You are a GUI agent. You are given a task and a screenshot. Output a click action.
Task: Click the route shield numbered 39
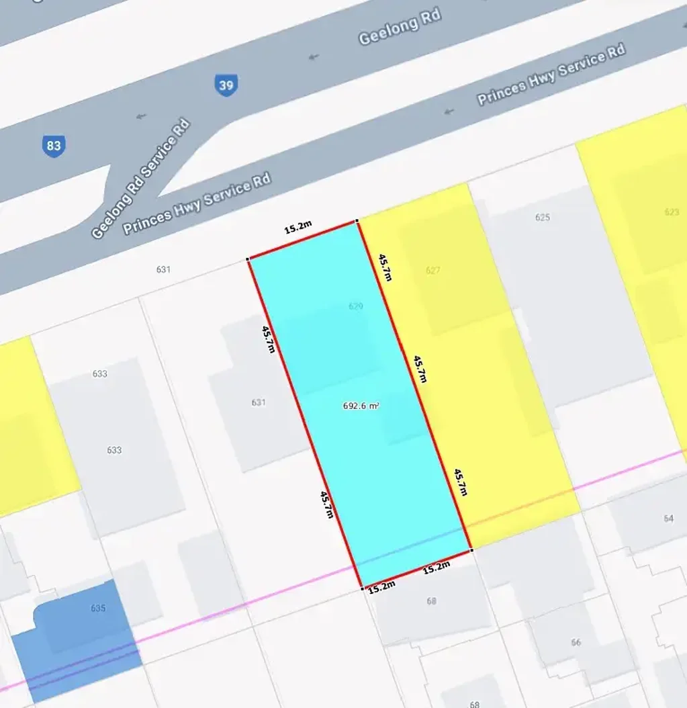226,85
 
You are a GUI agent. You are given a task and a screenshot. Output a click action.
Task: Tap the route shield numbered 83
53,146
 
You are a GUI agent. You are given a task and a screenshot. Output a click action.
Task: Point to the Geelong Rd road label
400,28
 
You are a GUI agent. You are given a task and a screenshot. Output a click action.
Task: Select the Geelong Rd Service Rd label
141,179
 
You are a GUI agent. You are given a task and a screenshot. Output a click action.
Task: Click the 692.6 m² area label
361,406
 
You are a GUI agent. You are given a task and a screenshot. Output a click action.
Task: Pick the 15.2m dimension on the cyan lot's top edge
297,227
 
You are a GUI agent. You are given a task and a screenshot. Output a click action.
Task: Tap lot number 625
543,217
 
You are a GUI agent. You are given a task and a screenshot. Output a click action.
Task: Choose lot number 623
672,212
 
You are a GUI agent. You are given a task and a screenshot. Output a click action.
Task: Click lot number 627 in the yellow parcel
433,271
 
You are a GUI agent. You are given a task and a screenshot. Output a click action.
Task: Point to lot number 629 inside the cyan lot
355,306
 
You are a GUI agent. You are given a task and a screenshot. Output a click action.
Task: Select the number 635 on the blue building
98,609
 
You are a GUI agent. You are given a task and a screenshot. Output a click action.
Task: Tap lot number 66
576,643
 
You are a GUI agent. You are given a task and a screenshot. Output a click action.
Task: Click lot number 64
668,519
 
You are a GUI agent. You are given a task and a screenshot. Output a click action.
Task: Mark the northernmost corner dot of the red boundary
357,220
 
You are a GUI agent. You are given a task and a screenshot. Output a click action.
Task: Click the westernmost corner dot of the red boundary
248,259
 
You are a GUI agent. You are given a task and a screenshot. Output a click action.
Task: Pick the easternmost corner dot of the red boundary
471,550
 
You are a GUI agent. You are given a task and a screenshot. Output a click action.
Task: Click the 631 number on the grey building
259,402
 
